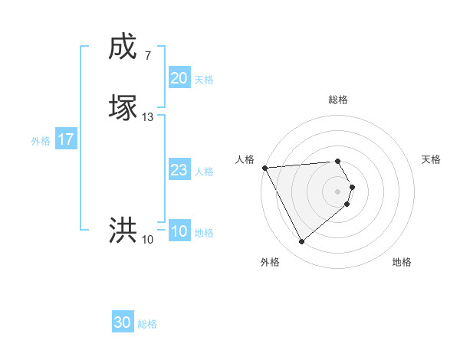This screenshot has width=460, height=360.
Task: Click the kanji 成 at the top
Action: point(123,47)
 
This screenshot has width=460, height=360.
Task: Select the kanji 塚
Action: point(123,108)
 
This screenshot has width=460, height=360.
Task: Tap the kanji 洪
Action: point(123,231)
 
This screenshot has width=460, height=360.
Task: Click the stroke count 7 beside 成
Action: point(147,56)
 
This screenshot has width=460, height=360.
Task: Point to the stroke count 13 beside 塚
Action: point(148,117)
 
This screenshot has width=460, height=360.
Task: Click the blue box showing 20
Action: point(179,78)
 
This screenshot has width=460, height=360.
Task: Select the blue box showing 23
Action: point(179,171)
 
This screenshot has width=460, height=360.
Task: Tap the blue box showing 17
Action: point(66,140)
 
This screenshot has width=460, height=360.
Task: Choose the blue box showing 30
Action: point(123,323)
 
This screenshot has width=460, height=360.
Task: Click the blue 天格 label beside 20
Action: point(204,80)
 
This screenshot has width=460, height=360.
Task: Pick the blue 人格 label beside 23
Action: point(204,172)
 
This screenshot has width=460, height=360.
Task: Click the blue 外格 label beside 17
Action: point(41,141)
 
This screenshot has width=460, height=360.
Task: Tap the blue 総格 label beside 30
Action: point(147,324)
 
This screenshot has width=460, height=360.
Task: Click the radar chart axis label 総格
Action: point(338,100)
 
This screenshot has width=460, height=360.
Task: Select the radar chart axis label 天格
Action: point(432,159)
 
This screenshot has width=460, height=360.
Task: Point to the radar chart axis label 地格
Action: point(402,262)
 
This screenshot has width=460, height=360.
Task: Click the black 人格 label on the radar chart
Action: point(245,159)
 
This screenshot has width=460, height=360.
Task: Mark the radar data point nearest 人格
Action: point(264,168)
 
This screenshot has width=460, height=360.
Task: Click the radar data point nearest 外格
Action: point(301,242)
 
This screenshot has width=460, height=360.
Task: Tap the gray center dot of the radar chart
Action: point(338,191)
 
